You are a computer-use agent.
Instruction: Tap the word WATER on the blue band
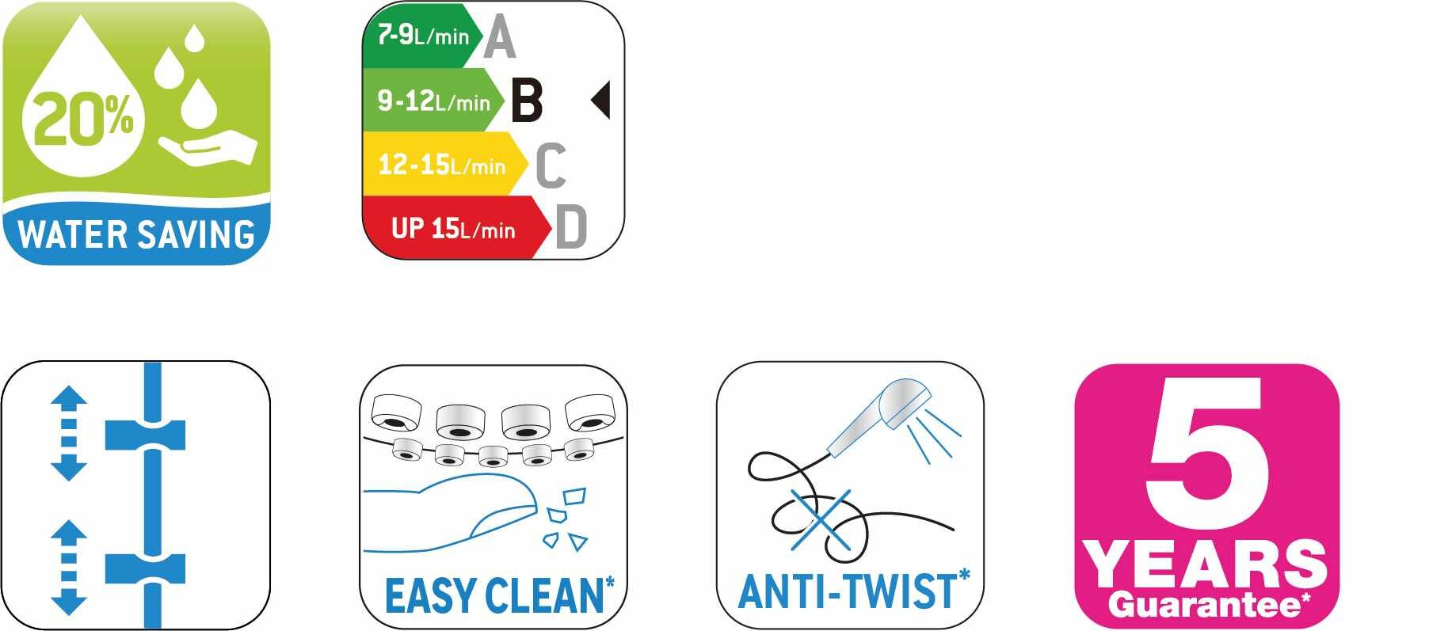72,235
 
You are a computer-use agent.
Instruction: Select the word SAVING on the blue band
196,235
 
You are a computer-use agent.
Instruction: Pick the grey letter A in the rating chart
499,37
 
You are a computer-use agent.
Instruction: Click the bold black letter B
527,100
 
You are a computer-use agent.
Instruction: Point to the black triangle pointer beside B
600,100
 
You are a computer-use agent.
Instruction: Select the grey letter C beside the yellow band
551,165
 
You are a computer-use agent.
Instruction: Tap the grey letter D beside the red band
571,227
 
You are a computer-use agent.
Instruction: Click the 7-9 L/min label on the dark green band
423,36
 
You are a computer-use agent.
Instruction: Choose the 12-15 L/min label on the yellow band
441,165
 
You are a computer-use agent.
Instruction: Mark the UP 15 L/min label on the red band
453,229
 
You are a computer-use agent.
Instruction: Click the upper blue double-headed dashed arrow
69,433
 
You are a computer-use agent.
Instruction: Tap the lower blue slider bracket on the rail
146,568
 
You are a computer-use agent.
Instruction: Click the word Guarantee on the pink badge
1205,605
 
